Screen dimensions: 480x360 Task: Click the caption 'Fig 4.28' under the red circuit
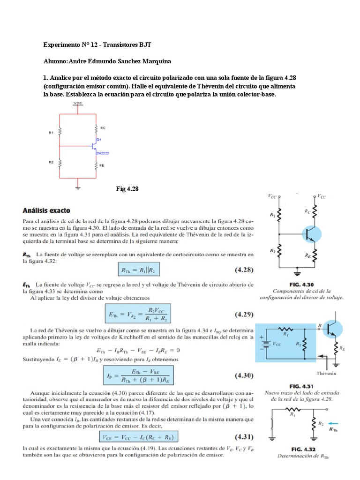pos(127,188)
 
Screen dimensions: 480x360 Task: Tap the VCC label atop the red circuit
pos(78,102)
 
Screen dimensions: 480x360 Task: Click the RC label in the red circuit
pos(102,127)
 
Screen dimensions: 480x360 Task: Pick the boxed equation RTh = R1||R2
pos(141,270)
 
